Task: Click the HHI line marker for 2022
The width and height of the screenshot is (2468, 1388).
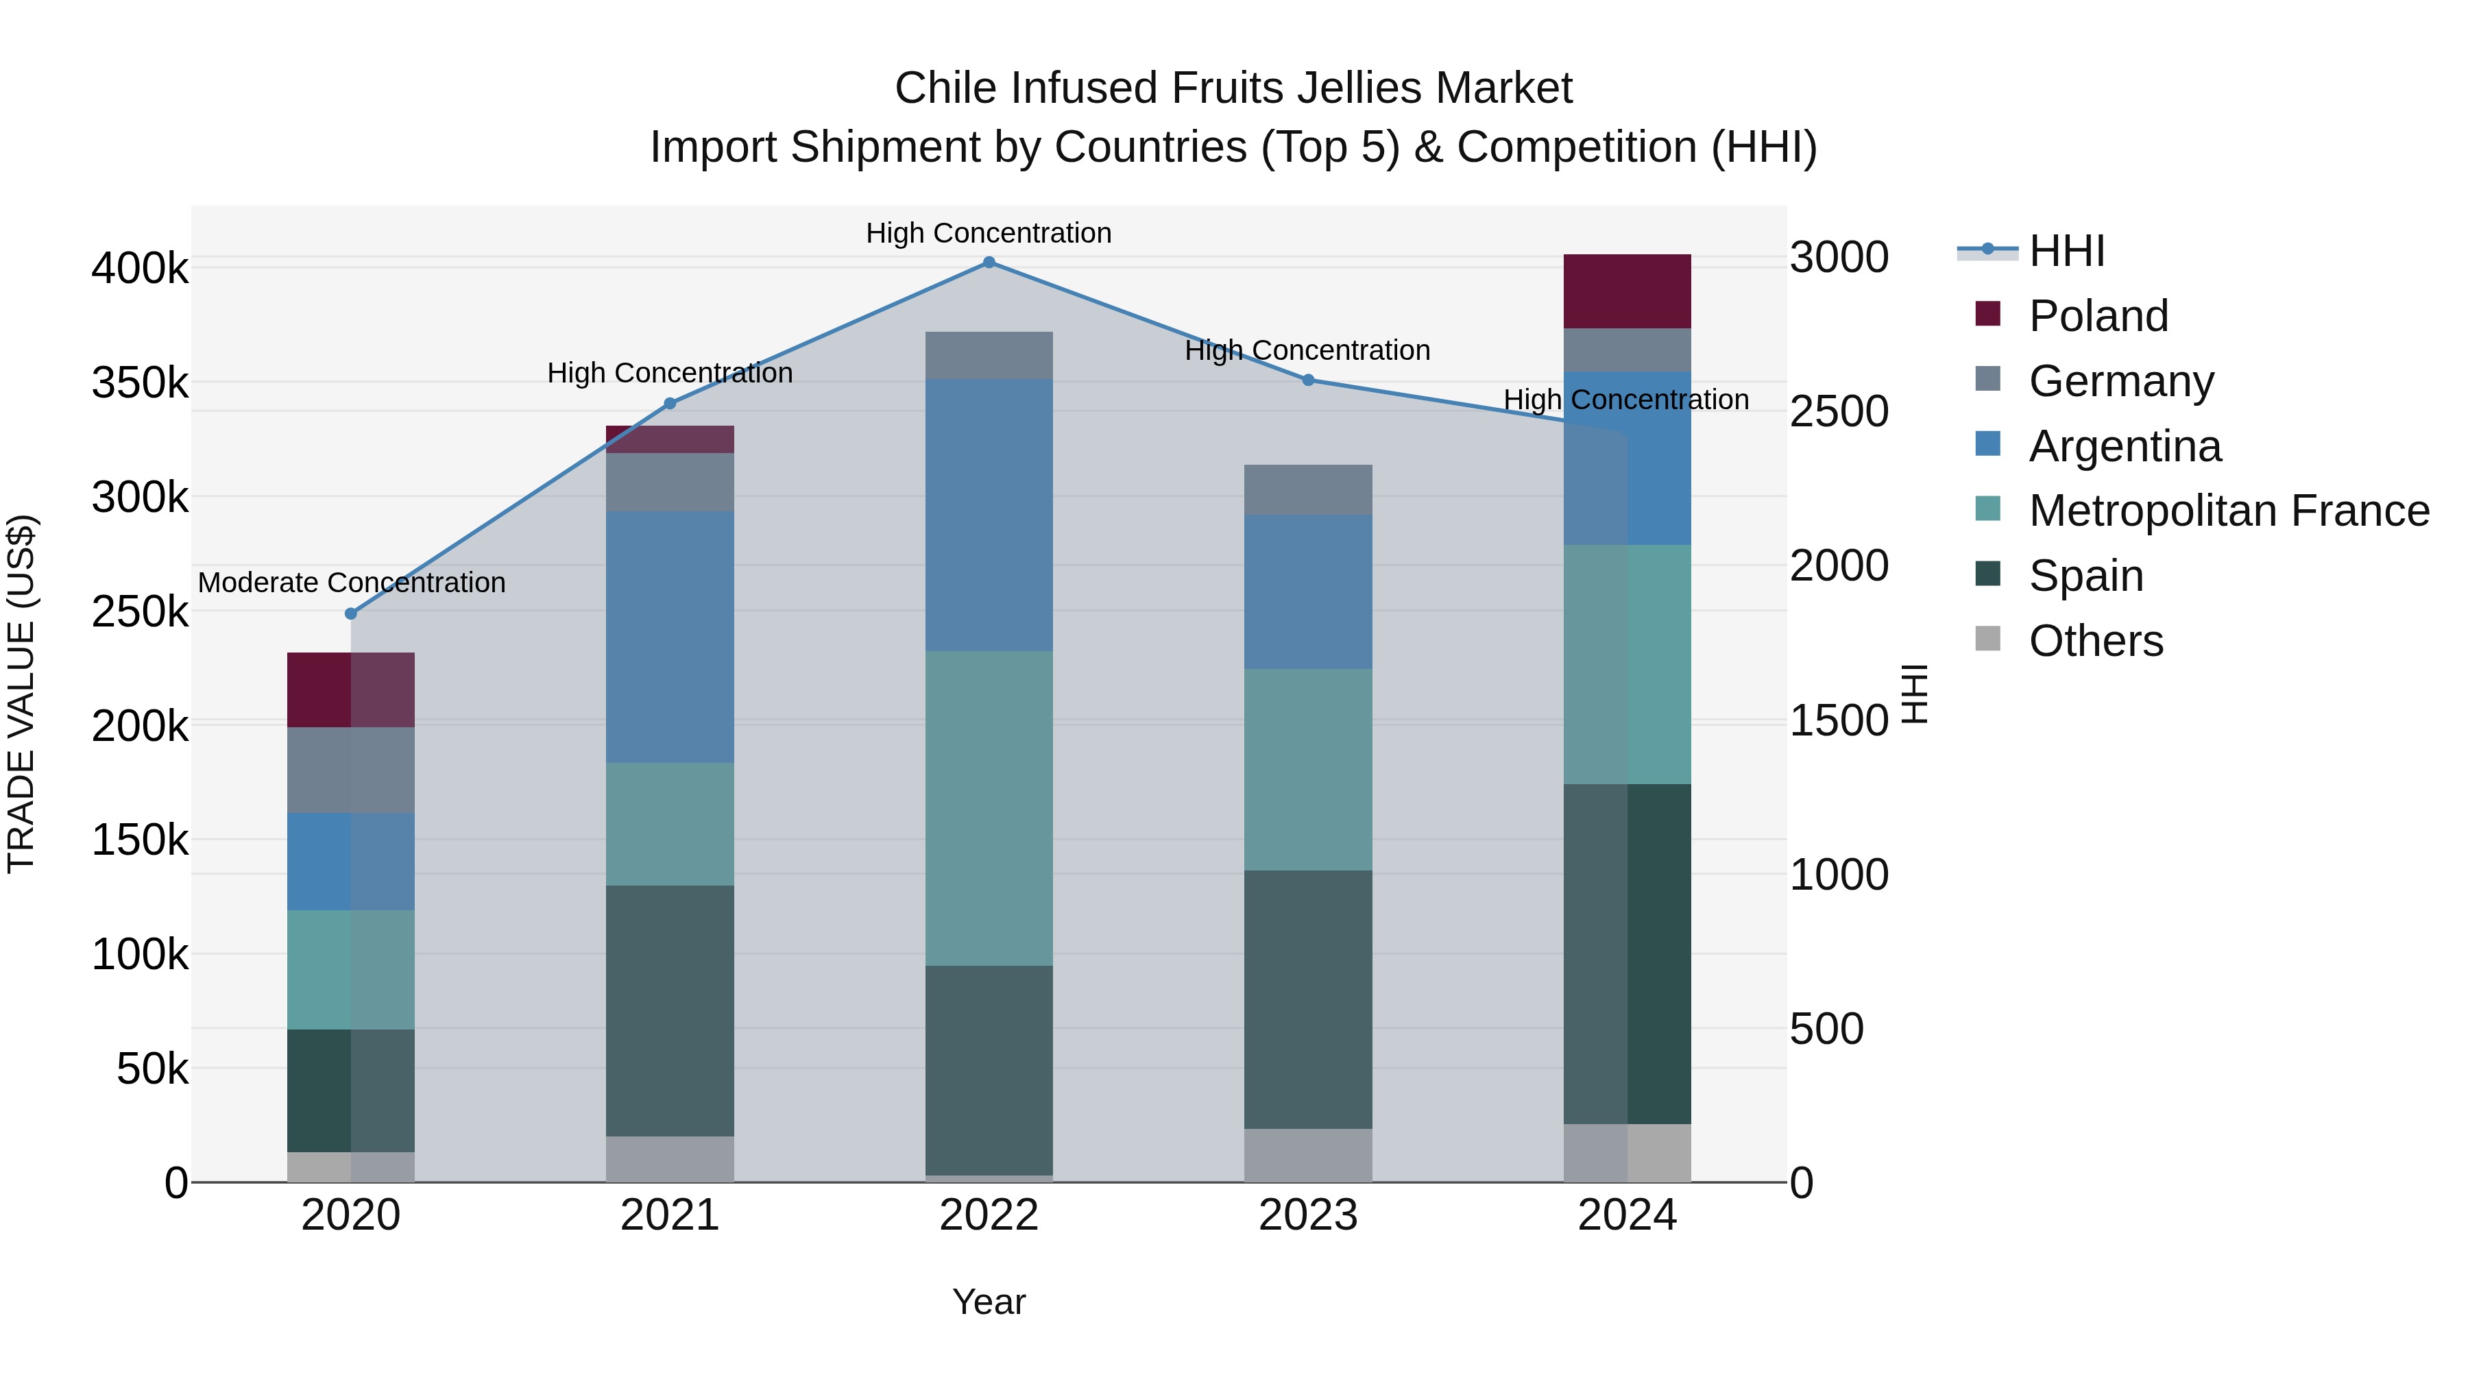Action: pyautogui.click(x=989, y=263)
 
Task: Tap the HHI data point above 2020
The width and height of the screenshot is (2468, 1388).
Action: pyautogui.click(x=350, y=613)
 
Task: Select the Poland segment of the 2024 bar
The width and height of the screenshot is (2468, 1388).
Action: pyautogui.click(x=1627, y=291)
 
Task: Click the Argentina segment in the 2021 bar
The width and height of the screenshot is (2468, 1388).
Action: pyautogui.click(x=670, y=636)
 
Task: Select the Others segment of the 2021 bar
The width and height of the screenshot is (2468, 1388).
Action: pyautogui.click(x=670, y=1158)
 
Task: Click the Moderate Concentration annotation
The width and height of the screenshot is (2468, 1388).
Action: pyautogui.click(x=352, y=583)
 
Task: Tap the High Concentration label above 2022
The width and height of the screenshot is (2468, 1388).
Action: pyautogui.click(x=989, y=233)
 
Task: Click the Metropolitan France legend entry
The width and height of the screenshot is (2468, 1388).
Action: pyautogui.click(x=2229, y=511)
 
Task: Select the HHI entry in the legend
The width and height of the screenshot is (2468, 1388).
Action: pyautogui.click(x=2066, y=251)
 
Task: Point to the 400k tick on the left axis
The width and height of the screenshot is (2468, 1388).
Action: pyautogui.click(x=140, y=268)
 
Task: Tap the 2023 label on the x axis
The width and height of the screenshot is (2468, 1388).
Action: pyautogui.click(x=1308, y=1215)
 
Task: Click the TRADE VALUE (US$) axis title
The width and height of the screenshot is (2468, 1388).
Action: pyautogui.click(x=21, y=694)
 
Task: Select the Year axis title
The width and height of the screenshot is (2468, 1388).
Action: pyautogui.click(x=989, y=1302)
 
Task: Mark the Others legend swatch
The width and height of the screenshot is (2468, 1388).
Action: pyautogui.click(x=1988, y=639)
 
